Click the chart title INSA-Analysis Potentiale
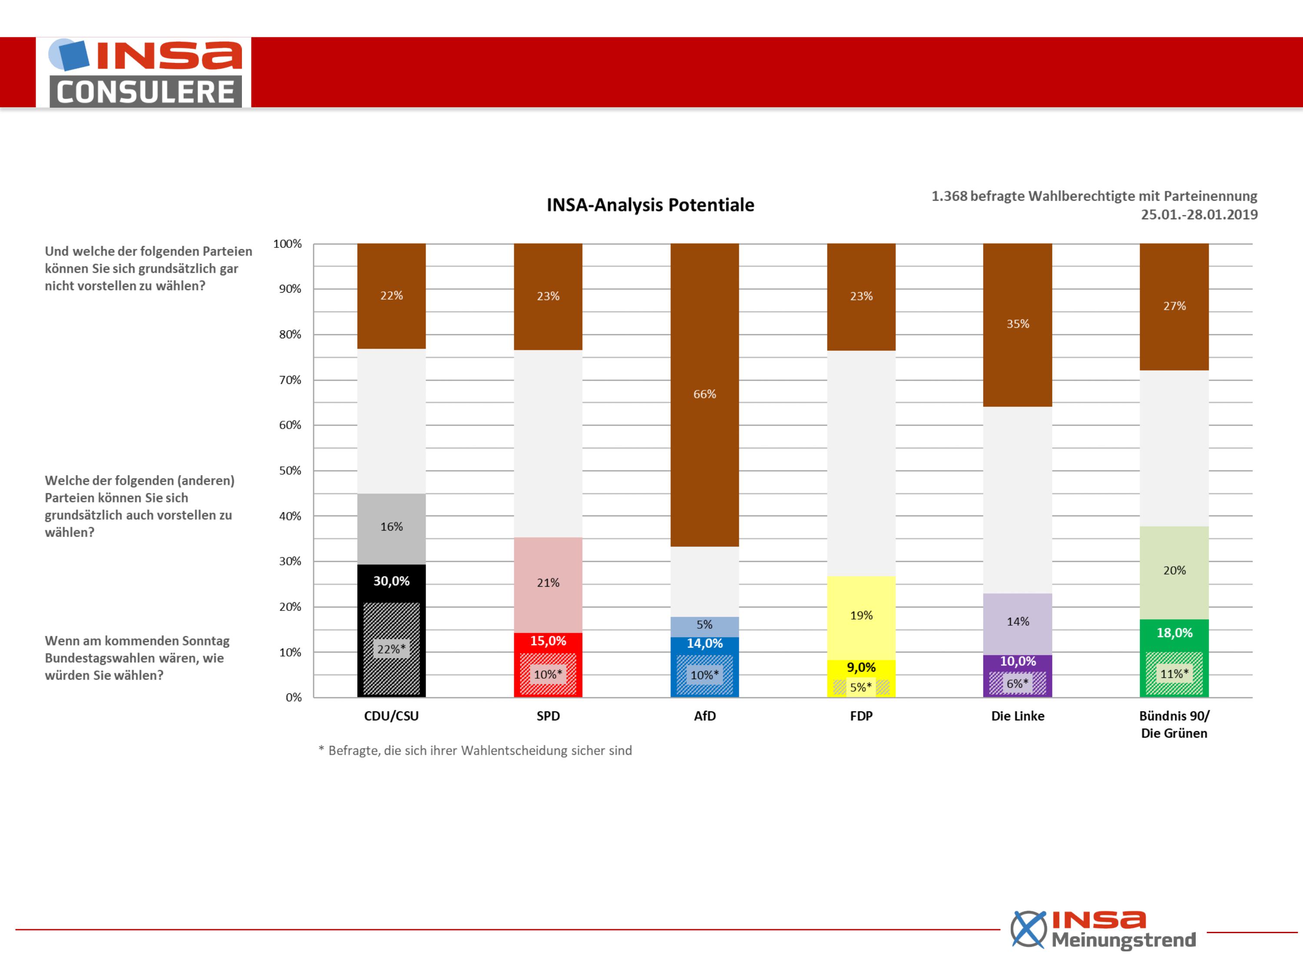point(650,205)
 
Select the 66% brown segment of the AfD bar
point(704,395)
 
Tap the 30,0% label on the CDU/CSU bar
point(391,581)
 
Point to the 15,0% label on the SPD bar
point(548,641)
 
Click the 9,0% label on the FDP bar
point(861,667)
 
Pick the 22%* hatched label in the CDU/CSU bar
point(392,649)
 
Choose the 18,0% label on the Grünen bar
point(1174,633)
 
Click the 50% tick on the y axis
point(290,471)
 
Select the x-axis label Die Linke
point(1017,716)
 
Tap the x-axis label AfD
point(704,716)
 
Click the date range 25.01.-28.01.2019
point(1199,215)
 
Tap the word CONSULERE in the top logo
point(146,92)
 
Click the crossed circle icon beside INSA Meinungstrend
point(1029,929)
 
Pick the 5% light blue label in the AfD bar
point(704,625)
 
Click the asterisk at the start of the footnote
point(321,749)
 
